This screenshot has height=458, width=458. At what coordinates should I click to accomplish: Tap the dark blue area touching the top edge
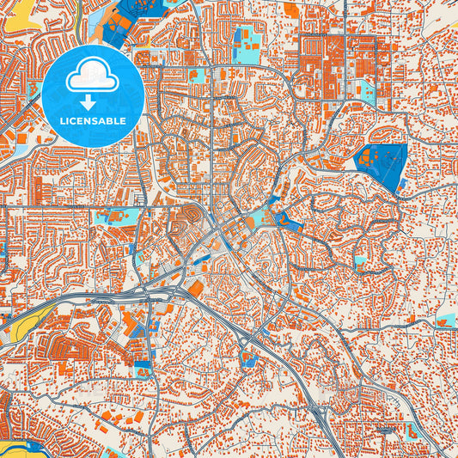[x=129, y=12]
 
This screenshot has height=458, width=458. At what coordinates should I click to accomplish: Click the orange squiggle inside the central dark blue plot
[x=279, y=219]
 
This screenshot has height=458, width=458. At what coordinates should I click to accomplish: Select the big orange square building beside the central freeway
[x=197, y=289]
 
